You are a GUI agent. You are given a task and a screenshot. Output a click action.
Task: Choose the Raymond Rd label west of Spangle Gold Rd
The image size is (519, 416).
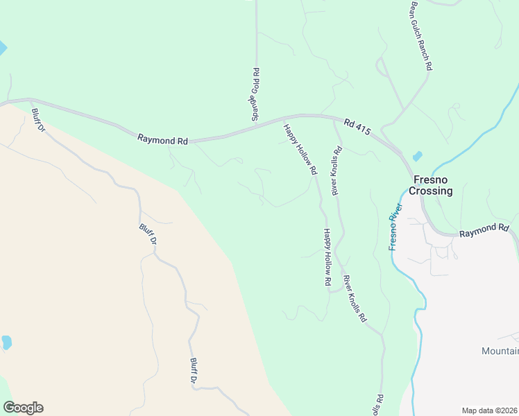tap(162, 140)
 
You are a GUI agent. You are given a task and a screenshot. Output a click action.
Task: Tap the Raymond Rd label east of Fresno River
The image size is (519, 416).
tap(484, 228)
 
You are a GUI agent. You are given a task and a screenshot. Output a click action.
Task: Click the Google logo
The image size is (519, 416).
tap(23, 408)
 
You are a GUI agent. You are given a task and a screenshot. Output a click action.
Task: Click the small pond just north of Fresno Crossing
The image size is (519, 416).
tap(417, 157)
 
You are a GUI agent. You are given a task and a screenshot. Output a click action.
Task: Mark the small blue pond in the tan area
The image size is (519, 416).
tap(6, 342)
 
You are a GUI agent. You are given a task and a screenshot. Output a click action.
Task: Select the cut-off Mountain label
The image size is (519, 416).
tap(500, 352)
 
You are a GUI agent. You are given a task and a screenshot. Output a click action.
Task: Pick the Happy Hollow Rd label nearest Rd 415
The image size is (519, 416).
tap(300, 149)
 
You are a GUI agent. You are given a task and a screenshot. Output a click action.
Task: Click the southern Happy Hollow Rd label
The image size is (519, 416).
tap(326, 258)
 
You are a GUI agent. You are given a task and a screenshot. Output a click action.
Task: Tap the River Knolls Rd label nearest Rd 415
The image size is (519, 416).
tap(336, 170)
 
